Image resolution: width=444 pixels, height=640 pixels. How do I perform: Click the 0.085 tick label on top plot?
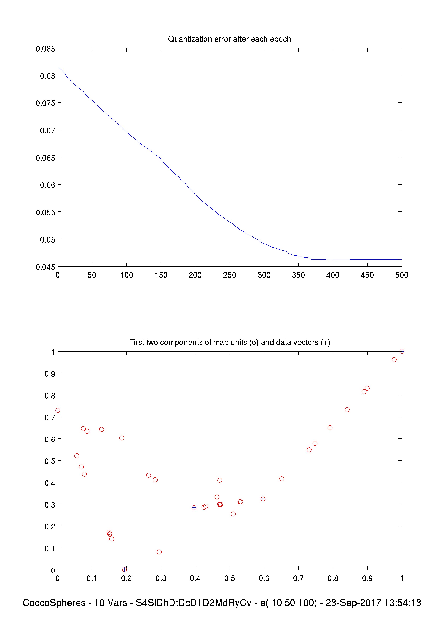45,49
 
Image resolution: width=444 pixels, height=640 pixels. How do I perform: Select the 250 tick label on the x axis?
230,275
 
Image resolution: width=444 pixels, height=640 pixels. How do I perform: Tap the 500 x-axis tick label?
402,275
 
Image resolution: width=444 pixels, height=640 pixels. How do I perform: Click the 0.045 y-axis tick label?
45,267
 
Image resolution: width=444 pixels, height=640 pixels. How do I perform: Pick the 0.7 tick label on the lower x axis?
298,578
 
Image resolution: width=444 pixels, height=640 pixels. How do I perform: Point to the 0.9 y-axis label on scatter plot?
50,374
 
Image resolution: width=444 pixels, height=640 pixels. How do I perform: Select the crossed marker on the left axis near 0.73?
58,410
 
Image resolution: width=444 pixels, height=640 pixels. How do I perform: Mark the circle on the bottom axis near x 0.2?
125,570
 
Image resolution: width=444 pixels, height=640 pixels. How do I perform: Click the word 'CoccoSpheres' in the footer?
54,603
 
